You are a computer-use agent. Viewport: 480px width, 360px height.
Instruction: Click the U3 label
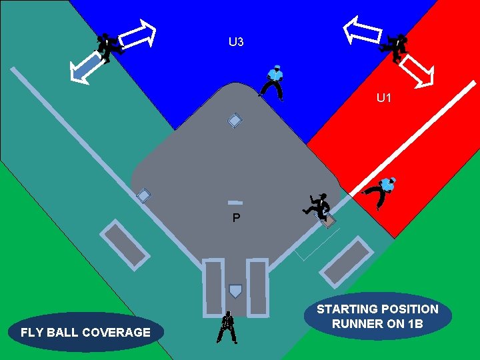click(x=236, y=43)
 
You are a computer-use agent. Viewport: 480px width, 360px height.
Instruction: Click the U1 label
click(x=384, y=99)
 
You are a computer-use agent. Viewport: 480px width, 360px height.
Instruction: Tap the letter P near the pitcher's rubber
click(x=236, y=218)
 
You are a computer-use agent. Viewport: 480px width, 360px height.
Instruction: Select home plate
click(x=235, y=291)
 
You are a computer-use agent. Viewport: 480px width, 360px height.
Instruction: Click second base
click(x=234, y=121)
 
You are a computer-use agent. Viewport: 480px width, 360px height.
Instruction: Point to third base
click(x=143, y=195)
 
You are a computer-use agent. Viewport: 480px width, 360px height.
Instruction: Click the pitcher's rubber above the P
click(x=235, y=202)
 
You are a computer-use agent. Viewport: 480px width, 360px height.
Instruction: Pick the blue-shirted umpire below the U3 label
click(x=273, y=82)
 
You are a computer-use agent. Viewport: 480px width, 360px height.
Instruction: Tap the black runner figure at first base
click(x=317, y=206)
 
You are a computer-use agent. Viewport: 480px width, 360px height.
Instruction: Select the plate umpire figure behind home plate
click(x=227, y=327)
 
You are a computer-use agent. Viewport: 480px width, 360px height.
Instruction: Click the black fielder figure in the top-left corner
click(x=107, y=47)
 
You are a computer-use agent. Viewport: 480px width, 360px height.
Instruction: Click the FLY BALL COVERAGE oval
click(x=85, y=332)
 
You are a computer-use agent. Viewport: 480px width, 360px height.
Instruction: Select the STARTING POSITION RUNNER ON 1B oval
click(x=377, y=317)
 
